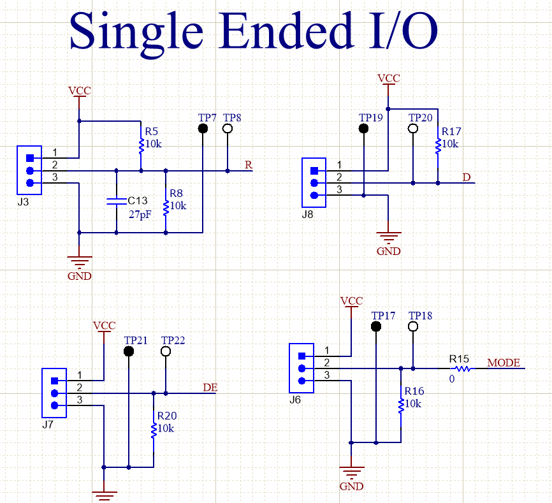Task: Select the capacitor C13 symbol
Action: [x=117, y=201]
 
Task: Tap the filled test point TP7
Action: [x=203, y=129]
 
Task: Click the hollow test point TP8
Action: [x=228, y=129]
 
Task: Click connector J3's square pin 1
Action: [x=29, y=158]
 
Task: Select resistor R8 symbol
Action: [x=166, y=207]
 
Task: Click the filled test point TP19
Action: [x=363, y=129]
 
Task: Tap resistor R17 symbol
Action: [x=438, y=146]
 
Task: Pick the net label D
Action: [x=467, y=177]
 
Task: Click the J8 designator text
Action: [x=307, y=215]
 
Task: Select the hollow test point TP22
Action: [x=166, y=351]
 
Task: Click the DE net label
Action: [x=210, y=387]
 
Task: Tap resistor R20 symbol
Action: [x=154, y=431]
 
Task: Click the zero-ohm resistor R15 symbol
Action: [x=462, y=368]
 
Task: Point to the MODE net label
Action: [x=503, y=363]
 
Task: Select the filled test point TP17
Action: [x=376, y=326]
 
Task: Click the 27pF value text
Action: [x=140, y=214]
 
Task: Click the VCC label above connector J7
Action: [x=104, y=325]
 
